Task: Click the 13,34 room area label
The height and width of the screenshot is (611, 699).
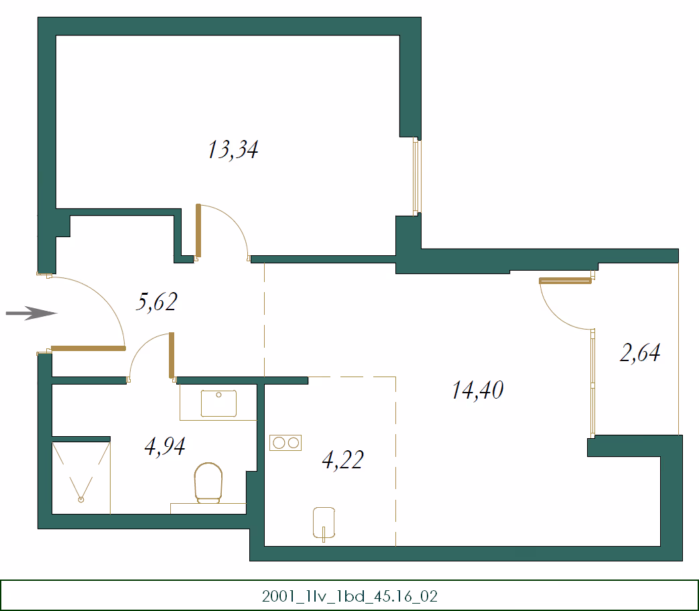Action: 233,149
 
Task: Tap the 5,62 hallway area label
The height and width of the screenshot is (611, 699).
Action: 156,301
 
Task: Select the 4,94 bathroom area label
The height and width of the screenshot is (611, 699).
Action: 165,446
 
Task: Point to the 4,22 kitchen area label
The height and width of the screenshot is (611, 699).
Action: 342,460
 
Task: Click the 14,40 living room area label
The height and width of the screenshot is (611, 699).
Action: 477,390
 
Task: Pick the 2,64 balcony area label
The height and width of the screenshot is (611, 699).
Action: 640,352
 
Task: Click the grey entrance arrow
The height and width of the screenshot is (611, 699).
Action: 31,314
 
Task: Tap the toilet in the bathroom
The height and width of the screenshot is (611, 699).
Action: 208,483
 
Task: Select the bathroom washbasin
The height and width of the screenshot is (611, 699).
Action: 218,403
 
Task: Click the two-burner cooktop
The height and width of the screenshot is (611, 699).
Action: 285,443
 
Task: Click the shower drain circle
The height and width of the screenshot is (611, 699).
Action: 80,500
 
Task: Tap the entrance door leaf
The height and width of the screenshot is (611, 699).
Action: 88,348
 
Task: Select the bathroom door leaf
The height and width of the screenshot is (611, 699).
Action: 172,355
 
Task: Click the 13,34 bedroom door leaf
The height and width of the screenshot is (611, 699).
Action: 198,231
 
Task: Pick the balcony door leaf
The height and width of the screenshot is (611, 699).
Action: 565,281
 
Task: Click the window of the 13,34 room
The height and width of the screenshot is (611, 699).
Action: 416,176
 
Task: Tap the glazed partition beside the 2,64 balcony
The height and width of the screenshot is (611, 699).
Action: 592,383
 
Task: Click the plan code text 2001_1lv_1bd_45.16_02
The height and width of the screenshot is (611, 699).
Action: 350,596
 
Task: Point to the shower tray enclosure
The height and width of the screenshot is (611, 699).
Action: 81,478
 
